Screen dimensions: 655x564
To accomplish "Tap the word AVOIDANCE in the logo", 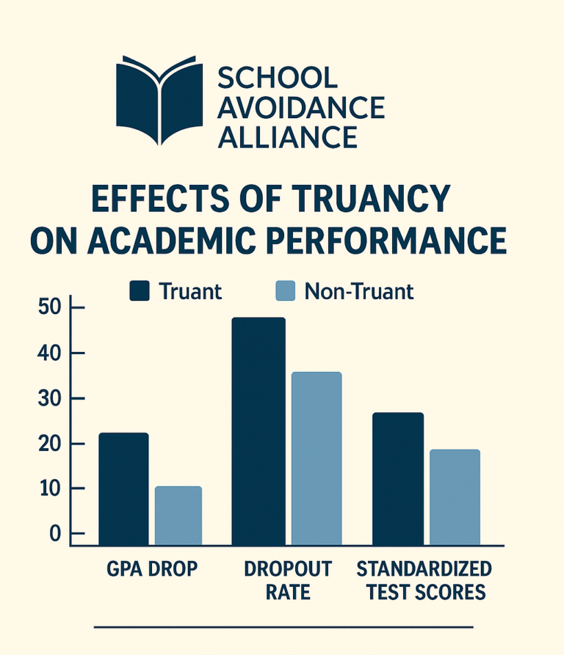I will click(301, 108).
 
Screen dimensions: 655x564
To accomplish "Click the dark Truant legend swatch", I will click(140, 291).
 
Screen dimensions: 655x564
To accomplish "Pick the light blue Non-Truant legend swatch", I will click(284, 291).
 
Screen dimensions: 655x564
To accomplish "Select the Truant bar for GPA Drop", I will click(123, 489).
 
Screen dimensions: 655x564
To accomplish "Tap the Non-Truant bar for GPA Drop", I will click(178, 516).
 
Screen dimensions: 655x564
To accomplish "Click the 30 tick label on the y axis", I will click(48, 398).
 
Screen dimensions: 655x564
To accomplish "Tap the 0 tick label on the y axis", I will click(54, 534).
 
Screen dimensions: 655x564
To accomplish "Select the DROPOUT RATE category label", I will click(287, 580).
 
